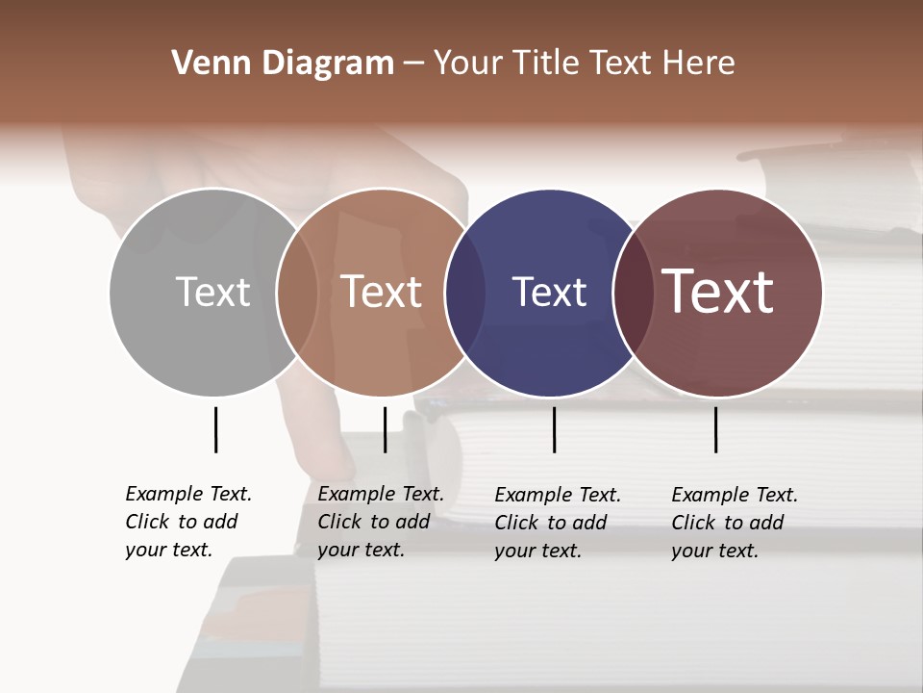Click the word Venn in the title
pyautogui.click(x=206, y=64)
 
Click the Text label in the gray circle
pyautogui.click(x=212, y=292)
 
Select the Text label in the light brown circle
pyautogui.click(x=382, y=292)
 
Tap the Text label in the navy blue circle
pyautogui.click(x=549, y=292)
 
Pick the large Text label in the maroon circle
pyautogui.click(x=718, y=292)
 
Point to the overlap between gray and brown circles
pyautogui.click(x=297, y=292)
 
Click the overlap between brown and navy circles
pyautogui.click(x=465, y=292)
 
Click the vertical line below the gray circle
pyautogui.click(x=215, y=429)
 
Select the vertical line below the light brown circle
pyautogui.click(x=385, y=429)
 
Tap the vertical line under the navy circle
pyautogui.click(x=554, y=429)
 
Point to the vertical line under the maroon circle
pyautogui.click(x=715, y=429)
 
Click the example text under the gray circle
pyautogui.click(x=187, y=522)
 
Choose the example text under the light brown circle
pyautogui.click(x=380, y=522)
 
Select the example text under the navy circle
pyautogui.click(x=557, y=523)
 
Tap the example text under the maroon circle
pyautogui.click(x=734, y=523)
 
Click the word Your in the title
pyautogui.click(x=468, y=64)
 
